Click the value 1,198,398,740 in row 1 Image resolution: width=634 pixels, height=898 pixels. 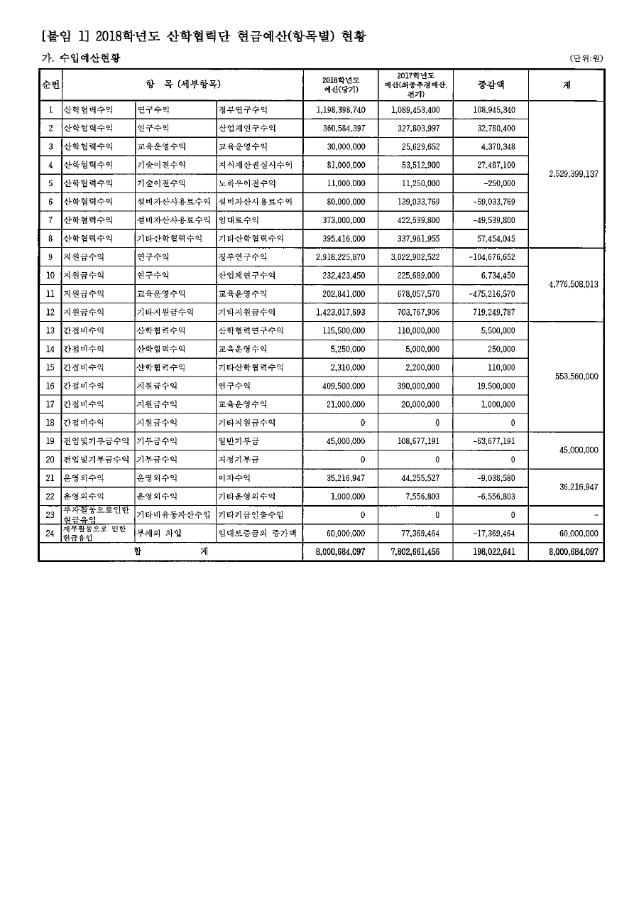click(x=340, y=110)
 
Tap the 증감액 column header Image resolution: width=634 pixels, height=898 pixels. click(x=490, y=85)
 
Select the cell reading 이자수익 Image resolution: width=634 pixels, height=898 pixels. click(x=234, y=478)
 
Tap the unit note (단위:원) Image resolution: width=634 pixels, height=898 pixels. click(x=586, y=58)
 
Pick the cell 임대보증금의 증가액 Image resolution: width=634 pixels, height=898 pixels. click(x=256, y=533)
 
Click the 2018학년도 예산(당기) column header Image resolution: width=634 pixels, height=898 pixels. click(x=340, y=85)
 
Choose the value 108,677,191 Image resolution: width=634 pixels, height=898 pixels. click(x=415, y=441)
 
